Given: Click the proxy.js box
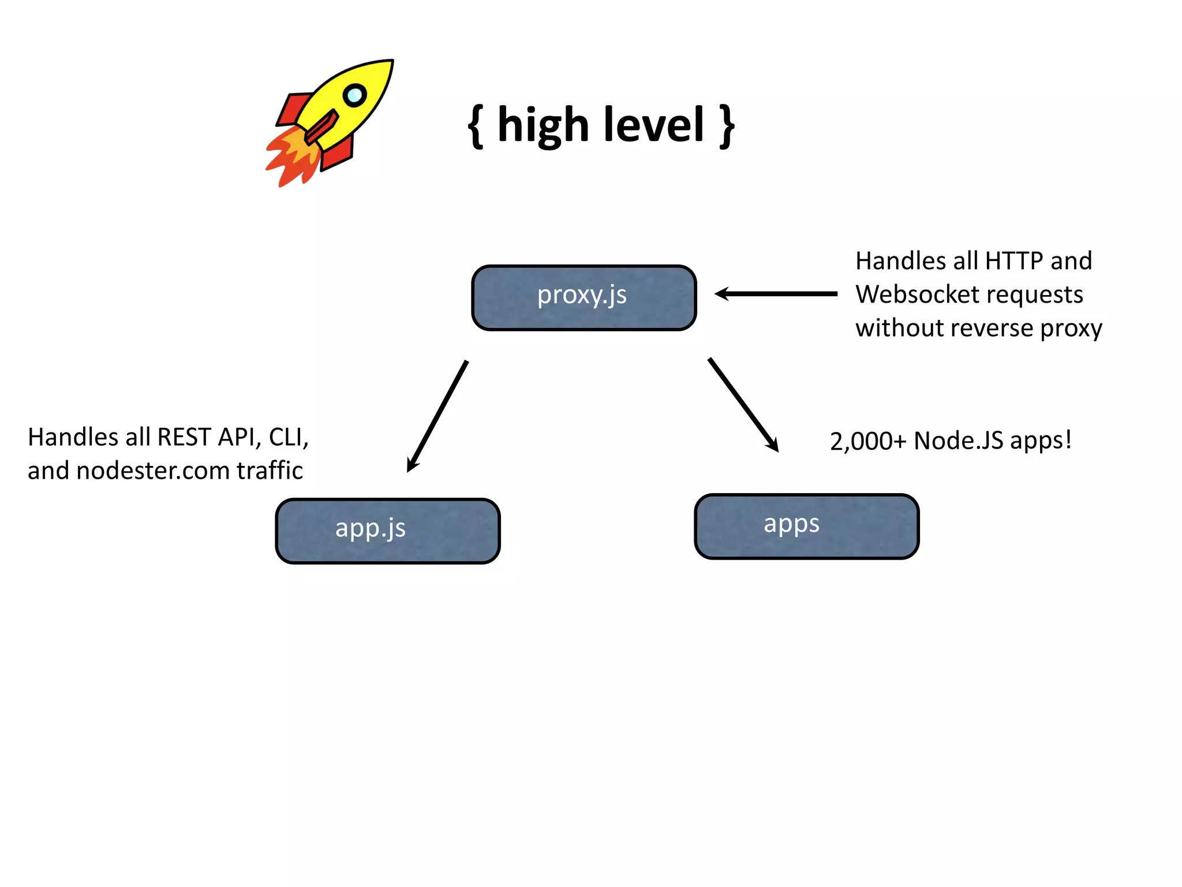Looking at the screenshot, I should [x=583, y=297].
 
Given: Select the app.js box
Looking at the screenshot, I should [x=387, y=531].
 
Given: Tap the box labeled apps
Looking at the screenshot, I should [x=806, y=526].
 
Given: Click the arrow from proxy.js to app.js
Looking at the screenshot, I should [x=437, y=416].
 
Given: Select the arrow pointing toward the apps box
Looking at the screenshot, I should [x=743, y=404].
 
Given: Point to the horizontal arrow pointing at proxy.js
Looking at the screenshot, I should [x=776, y=294].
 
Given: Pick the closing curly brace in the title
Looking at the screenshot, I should [x=727, y=126].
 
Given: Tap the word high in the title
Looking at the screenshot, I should [x=543, y=126].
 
